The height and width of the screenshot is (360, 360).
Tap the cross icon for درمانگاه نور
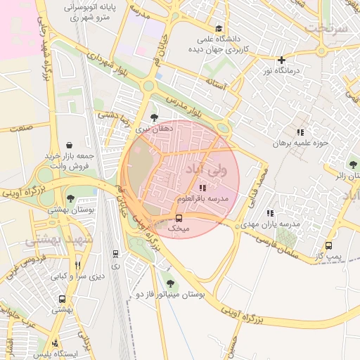tap(281, 60)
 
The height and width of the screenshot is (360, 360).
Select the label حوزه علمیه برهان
tap(302, 143)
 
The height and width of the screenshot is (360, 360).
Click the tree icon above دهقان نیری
tap(154, 118)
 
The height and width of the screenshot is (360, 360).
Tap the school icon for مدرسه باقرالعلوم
tap(202, 188)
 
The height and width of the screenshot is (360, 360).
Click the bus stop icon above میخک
tap(179, 218)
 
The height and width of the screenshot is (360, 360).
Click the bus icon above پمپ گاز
tap(328, 245)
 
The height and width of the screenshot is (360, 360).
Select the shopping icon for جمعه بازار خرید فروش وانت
tap(68, 144)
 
